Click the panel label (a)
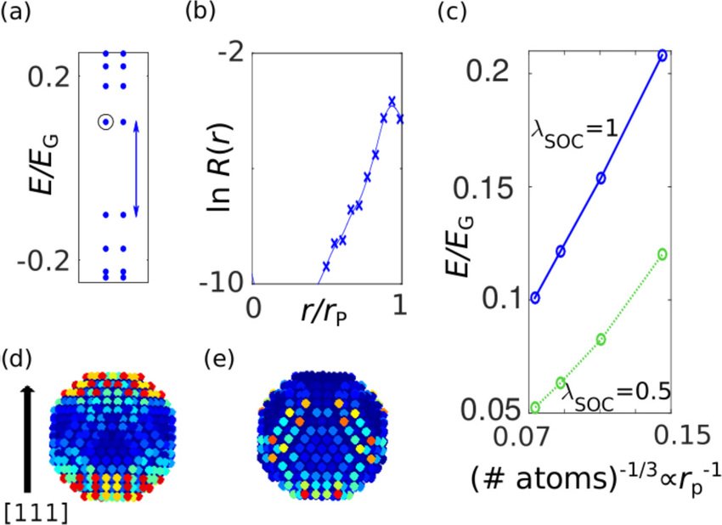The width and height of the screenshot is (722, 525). [20, 16]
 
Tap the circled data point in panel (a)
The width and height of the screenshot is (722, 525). [105, 121]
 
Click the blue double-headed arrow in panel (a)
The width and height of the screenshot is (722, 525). [137, 167]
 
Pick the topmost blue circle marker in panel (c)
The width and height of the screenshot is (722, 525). [663, 55]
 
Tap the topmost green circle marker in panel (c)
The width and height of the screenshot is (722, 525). [663, 254]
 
